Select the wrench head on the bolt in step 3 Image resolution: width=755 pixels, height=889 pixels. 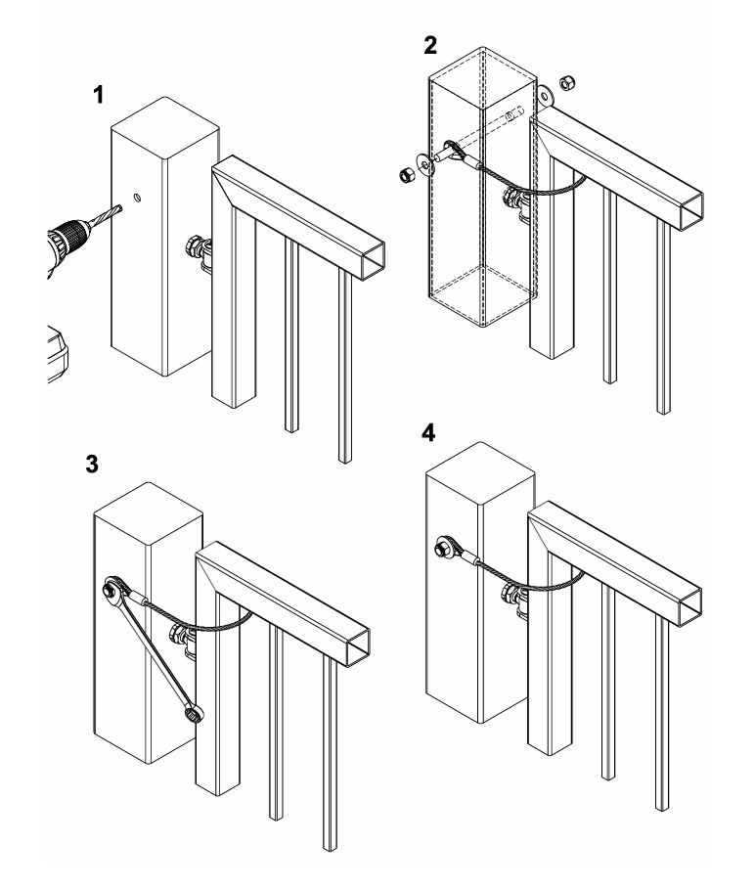pos(111,589)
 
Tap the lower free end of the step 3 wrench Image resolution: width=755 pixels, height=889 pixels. pos(194,715)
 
